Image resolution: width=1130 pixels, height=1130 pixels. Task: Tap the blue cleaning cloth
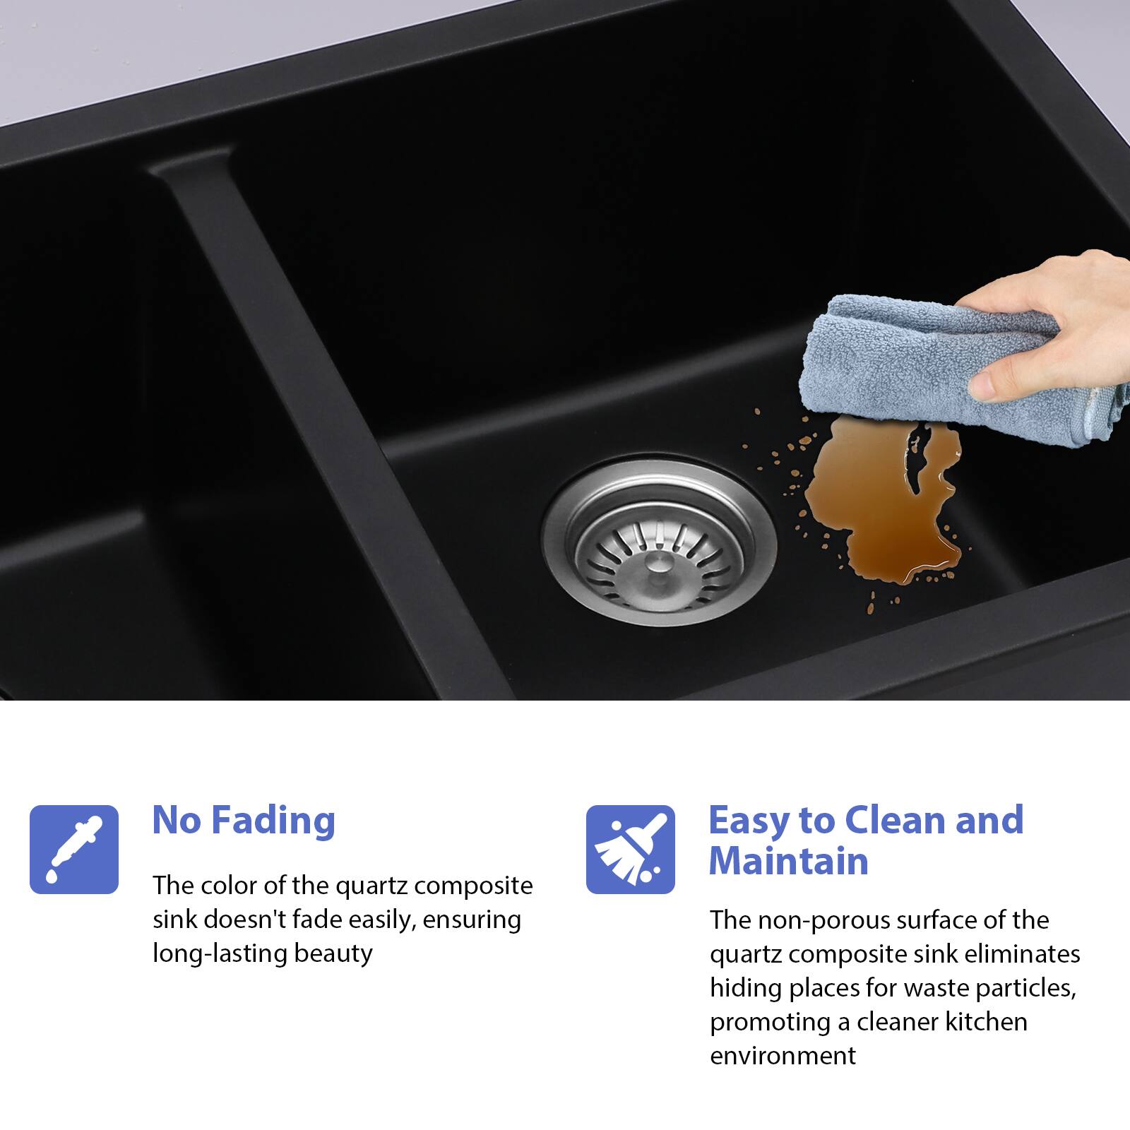(x=946, y=367)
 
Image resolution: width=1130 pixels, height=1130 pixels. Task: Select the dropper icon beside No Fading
(x=74, y=849)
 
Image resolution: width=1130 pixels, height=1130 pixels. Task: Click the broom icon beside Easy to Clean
(x=631, y=849)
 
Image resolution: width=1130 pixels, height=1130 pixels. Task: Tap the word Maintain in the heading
(x=788, y=861)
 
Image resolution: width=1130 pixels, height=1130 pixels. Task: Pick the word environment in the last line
(x=783, y=1056)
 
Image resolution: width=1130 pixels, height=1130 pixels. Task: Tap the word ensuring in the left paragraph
(x=475, y=921)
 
